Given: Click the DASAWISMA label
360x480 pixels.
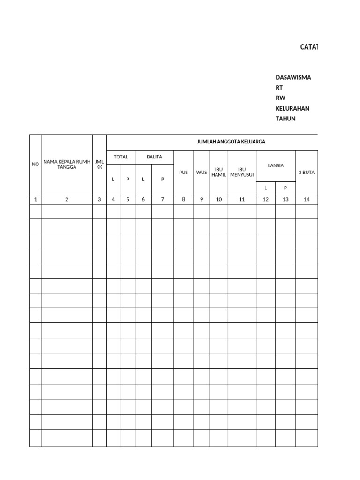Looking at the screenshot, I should click(293, 77).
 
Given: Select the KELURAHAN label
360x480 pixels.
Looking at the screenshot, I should click(292, 108).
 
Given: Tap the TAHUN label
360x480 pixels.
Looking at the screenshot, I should click(285, 119).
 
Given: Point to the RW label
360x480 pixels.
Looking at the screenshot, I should click(280, 98).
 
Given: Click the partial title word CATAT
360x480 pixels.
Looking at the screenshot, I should click(309, 47).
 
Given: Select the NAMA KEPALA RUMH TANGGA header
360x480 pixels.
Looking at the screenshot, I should click(67, 164).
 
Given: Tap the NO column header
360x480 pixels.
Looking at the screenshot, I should click(35, 164).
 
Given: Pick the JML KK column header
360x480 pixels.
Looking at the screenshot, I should click(99, 164).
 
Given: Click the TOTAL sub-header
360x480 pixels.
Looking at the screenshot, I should click(121, 157).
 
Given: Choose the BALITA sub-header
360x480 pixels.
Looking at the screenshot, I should click(154, 157).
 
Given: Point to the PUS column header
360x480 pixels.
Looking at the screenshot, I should click(183, 172).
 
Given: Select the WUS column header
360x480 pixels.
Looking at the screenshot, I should click(202, 172).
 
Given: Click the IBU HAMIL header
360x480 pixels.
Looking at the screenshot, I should click(219, 172).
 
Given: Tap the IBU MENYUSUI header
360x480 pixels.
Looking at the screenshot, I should click(242, 172).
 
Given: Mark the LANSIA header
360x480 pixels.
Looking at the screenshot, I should click(276, 165).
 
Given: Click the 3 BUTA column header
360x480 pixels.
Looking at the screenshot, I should click(307, 172).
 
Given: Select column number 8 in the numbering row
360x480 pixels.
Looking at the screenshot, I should click(183, 199).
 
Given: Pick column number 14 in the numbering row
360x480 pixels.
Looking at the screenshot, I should click(307, 199).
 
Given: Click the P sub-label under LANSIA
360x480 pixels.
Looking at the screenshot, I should click(285, 188).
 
